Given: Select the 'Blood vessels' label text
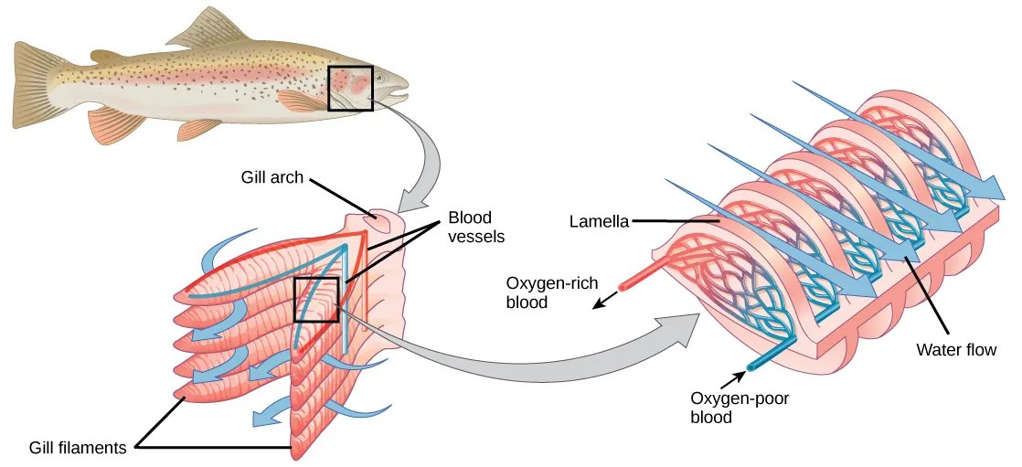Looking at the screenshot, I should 475,227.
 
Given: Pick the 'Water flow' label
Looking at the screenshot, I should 956,349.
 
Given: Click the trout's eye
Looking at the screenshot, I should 378,78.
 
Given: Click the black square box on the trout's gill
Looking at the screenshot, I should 350,88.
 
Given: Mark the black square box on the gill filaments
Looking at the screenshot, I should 316,299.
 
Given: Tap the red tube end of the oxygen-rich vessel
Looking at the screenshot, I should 623,287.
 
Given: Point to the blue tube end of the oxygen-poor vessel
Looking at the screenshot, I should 752,366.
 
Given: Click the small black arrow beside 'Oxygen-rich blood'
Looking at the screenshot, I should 600,303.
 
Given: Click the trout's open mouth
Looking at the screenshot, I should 399,91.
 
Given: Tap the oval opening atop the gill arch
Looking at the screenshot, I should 372,218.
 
